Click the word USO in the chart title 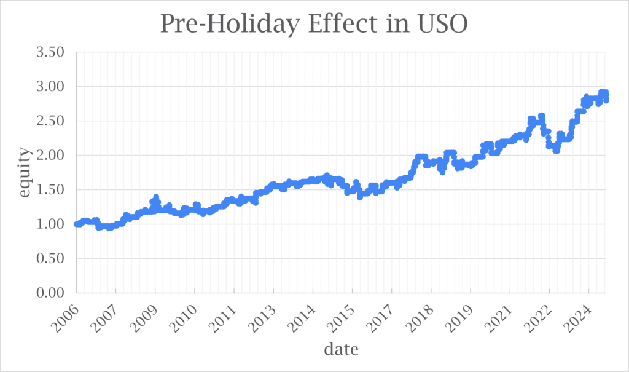point(442,24)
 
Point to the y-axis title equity point(25,172)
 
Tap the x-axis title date point(341,349)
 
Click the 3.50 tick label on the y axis point(50,52)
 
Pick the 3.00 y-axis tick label point(50,86)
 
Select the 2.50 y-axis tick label point(50,121)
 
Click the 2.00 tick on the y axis point(50,155)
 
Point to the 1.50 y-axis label point(50,189)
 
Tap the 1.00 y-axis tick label point(50,224)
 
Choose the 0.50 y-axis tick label point(50,258)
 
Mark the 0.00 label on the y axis point(50,293)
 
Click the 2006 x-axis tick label point(66,318)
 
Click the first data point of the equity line point(77,224)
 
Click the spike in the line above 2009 point(155,197)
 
